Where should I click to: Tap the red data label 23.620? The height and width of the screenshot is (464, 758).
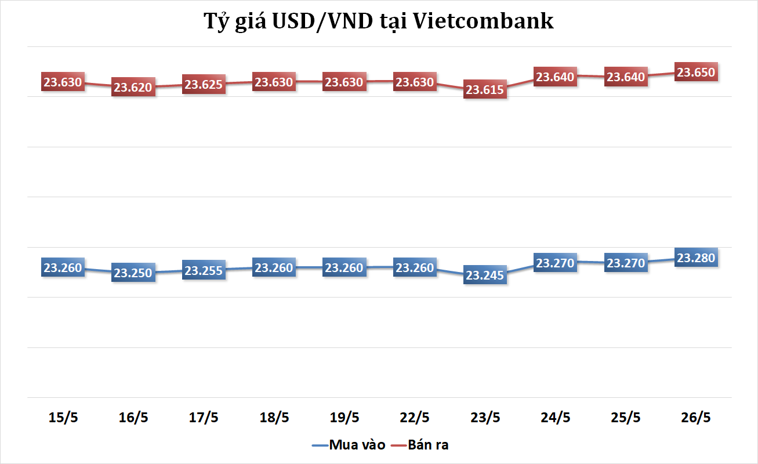[x=133, y=88]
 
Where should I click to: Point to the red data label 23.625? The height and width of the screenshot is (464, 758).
[x=204, y=85]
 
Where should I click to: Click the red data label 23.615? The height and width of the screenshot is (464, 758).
[x=485, y=90]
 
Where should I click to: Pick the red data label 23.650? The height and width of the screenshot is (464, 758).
[x=697, y=72]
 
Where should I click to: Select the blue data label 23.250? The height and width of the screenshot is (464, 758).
[x=133, y=273]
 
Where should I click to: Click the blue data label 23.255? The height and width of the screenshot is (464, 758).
[x=204, y=270]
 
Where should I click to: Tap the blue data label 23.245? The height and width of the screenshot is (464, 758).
[x=485, y=275]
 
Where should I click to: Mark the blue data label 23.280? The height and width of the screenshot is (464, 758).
[x=697, y=258]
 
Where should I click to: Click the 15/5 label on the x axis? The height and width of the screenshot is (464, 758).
[x=63, y=418]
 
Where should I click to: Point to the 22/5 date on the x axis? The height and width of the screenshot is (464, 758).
[x=415, y=418]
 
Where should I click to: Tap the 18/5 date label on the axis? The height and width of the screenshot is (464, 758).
[x=274, y=418]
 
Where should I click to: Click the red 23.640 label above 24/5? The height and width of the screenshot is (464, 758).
[x=555, y=77]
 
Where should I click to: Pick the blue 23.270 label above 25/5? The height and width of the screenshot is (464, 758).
[x=626, y=263]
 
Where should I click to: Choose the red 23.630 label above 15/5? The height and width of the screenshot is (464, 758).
[x=63, y=82]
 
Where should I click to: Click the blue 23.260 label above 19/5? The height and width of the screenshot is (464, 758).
[x=344, y=267]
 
